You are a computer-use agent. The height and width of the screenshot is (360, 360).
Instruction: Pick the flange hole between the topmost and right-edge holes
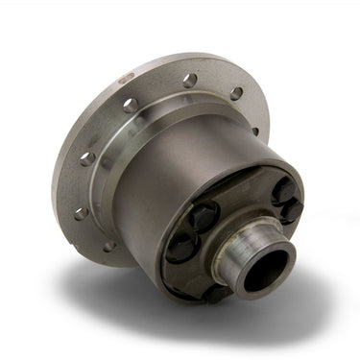click(236, 93)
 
